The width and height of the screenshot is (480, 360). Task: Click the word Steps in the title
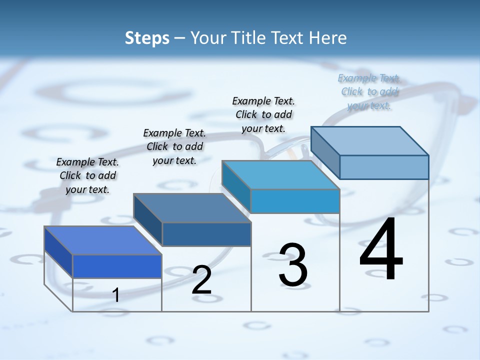[147, 38]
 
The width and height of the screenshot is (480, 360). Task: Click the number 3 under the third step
[293, 265]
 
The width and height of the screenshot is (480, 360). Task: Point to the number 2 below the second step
[201, 280]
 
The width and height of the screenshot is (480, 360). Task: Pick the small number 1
[115, 295]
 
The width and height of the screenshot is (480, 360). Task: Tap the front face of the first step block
[117, 266]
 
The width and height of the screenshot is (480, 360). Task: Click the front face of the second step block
[206, 234]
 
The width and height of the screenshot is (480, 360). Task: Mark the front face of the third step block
[295, 201]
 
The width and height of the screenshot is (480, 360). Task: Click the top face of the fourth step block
[370, 141]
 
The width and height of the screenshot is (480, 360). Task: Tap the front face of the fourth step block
[384, 167]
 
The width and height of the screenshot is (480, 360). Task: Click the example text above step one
[87, 175]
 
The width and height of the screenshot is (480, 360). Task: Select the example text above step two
[174, 146]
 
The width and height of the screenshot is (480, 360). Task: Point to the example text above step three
[263, 114]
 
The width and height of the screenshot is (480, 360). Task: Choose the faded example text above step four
[369, 91]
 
